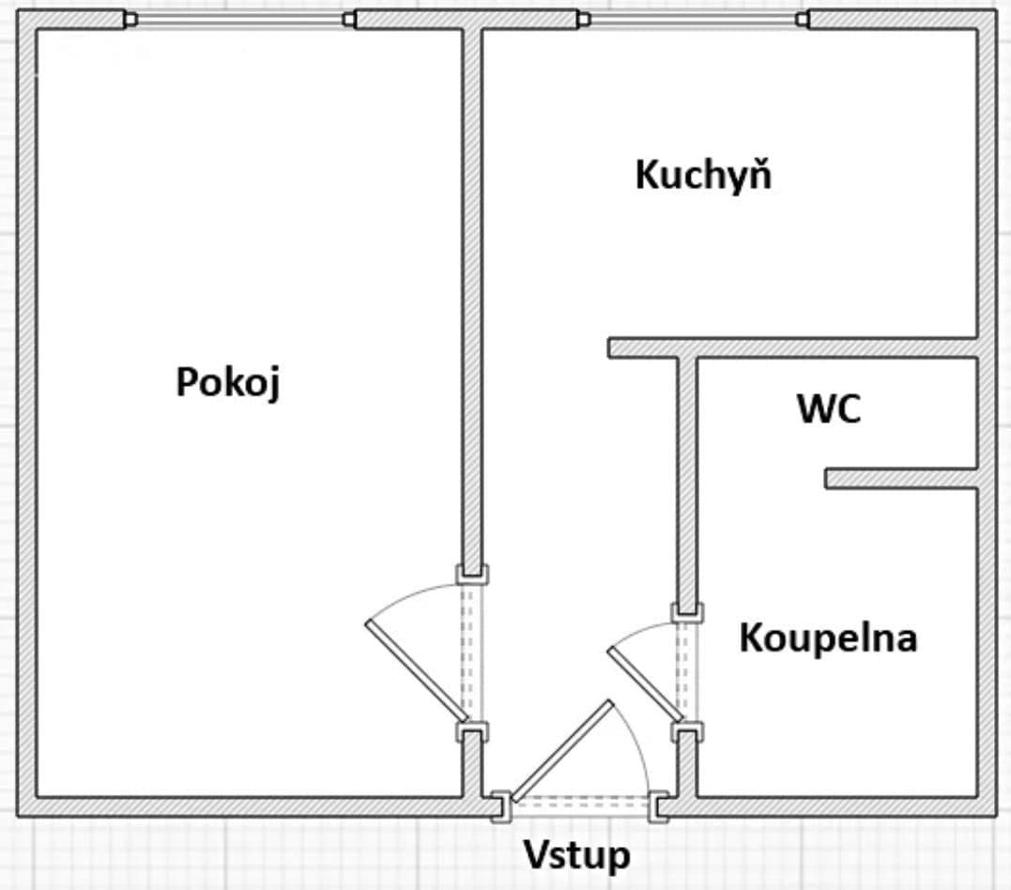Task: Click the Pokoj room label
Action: click(228, 383)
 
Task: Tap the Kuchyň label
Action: click(703, 176)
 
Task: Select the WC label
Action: click(829, 409)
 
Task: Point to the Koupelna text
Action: click(827, 638)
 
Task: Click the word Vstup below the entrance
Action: click(576, 855)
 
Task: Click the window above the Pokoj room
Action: click(240, 19)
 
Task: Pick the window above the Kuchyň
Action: click(694, 19)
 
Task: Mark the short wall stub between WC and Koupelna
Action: click(901, 479)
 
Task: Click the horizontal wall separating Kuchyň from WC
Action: click(793, 347)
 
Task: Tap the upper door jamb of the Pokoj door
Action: click(472, 573)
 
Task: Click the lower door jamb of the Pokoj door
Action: click(472, 731)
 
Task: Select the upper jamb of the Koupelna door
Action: click(687, 612)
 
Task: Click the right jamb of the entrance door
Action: click(662, 806)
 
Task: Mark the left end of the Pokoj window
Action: click(130, 19)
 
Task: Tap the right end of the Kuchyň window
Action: click(802, 19)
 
